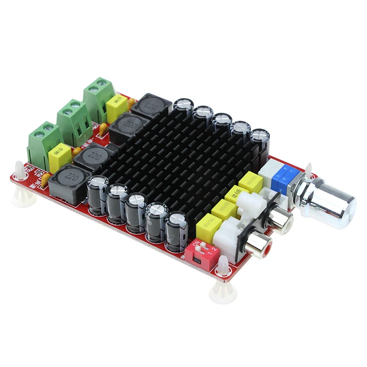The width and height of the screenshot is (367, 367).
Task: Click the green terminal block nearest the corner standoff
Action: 45,142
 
